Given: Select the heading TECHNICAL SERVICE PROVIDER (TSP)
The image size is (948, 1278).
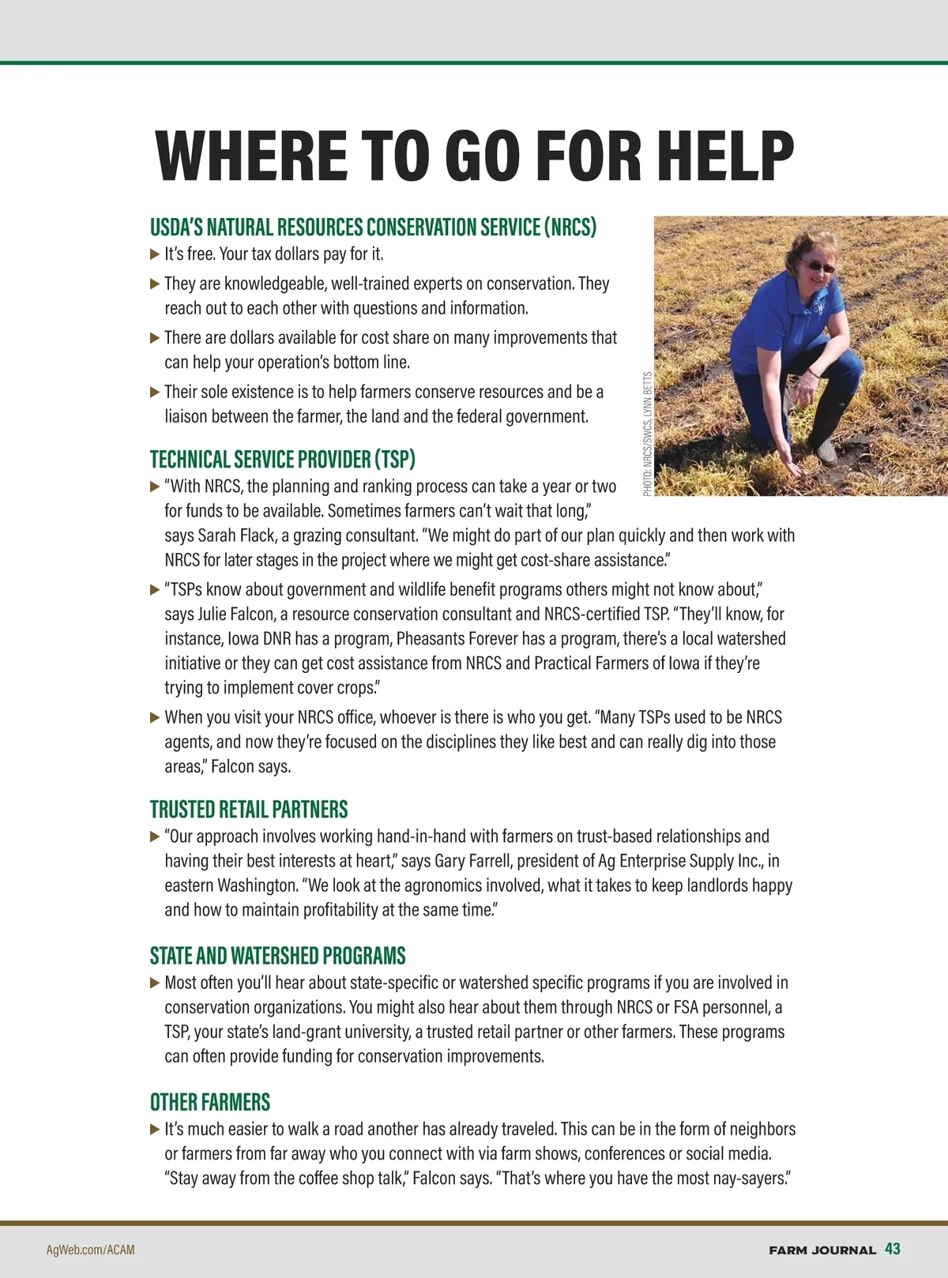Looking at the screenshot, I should (282, 459).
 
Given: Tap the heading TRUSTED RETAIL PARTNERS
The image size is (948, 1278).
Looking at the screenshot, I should (249, 810).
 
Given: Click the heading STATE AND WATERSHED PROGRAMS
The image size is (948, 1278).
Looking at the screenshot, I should (277, 956).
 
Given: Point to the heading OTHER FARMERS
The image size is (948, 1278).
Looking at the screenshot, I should (210, 1102).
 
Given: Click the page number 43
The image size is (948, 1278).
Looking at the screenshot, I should (893, 1249).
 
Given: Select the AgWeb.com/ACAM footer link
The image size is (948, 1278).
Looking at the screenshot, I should (91, 1250).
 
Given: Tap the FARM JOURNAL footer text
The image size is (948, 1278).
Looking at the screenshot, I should (822, 1250).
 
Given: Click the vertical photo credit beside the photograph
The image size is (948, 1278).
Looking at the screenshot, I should (648, 434).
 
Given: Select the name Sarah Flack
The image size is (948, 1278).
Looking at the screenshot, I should (235, 536).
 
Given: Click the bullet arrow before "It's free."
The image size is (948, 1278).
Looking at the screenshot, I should (155, 254).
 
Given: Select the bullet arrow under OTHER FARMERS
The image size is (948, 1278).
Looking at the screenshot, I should (155, 1130).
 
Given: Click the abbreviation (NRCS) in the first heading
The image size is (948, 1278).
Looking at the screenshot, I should (570, 227).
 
